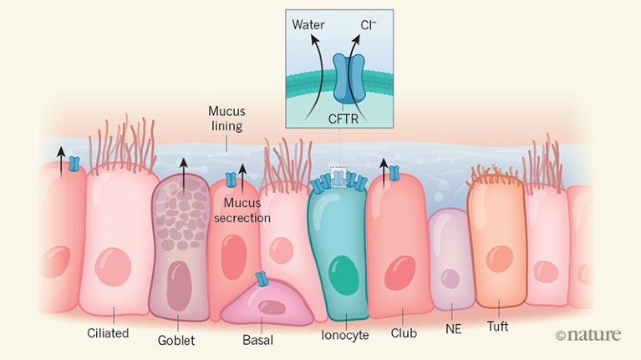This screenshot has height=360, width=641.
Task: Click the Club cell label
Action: tap(403, 333)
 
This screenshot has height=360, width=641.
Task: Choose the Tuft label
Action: tap(497, 327)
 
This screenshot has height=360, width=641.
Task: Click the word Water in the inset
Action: tap(309, 24)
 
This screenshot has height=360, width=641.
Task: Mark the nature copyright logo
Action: tap(588, 335)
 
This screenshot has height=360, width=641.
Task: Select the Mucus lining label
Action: tap(226, 119)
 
